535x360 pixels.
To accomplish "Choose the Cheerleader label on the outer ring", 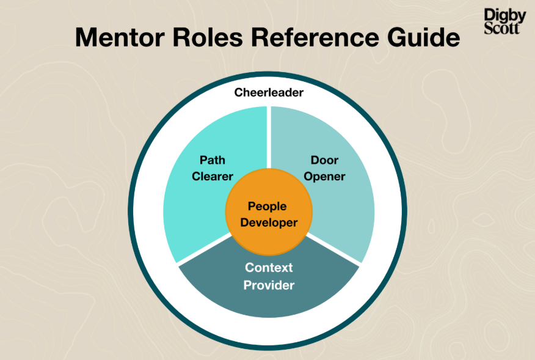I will tap(269, 93).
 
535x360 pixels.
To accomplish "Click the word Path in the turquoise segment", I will tap(213, 160).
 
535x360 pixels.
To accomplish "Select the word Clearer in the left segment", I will tap(213, 177).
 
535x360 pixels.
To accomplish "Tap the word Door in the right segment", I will tap(324, 160).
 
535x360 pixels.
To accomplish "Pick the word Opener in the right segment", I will tap(324, 177).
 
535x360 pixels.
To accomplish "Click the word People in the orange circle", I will tap(269, 207).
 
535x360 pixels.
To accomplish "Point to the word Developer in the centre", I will tap(269, 222).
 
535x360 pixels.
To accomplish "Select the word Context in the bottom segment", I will tap(269, 268).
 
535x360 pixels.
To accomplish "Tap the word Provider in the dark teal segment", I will tap(269, 285).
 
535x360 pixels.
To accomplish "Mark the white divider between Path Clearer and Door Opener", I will tap(269, 138).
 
